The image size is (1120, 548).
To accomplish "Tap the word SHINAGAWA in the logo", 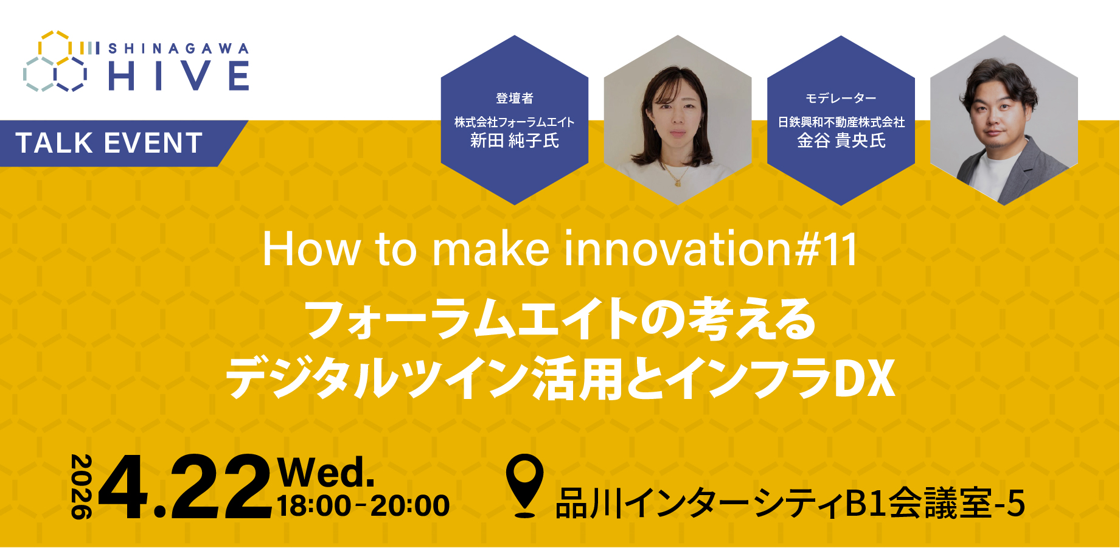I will (x=178, y=49).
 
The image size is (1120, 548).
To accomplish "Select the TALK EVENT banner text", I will (x=110, y=144).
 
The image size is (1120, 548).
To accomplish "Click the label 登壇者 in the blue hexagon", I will (x=515, y=98).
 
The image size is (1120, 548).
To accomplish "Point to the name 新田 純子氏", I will (x=515, y=141).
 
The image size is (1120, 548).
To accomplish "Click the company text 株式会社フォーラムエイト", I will (x=515, y=122).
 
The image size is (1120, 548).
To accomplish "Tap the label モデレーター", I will (x=841, y=98).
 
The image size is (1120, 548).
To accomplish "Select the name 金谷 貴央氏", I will (x=841, y=141).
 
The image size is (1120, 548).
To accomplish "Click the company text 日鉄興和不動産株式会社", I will (x=841, y=122).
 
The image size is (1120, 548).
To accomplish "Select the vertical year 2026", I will (x=82, y=487).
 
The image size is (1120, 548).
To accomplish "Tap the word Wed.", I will (x=325, y=473).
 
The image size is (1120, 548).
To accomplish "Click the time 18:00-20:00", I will (x=363, y=506).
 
